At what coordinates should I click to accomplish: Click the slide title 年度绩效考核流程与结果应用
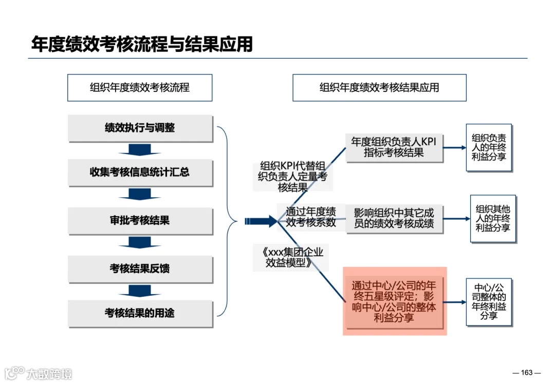click(142, 44)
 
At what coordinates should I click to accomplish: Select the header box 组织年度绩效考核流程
click(140, 87)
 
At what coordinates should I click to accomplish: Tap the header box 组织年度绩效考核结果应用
click(379, 87)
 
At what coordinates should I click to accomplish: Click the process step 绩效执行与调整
click(140, 128)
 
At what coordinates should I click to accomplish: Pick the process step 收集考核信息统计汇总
click(140, 172)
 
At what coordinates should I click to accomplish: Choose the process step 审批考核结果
click(140, 221)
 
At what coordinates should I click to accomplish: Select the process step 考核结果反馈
click(140, 268)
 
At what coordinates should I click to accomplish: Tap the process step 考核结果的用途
click(140, 313)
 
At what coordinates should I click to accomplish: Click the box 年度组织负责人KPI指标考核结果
click(394, 147)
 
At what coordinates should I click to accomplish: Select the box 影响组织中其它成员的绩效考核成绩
click(394, 218)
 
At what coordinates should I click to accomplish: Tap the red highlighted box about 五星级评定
click(395, 301)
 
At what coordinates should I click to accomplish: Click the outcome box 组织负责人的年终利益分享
click(489, 147)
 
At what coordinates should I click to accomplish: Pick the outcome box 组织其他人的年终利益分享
click(492, 218)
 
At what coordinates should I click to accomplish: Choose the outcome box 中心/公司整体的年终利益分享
click(489, 302)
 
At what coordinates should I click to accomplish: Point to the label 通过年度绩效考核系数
click(310, 217)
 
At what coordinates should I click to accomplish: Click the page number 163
click(527, 373)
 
